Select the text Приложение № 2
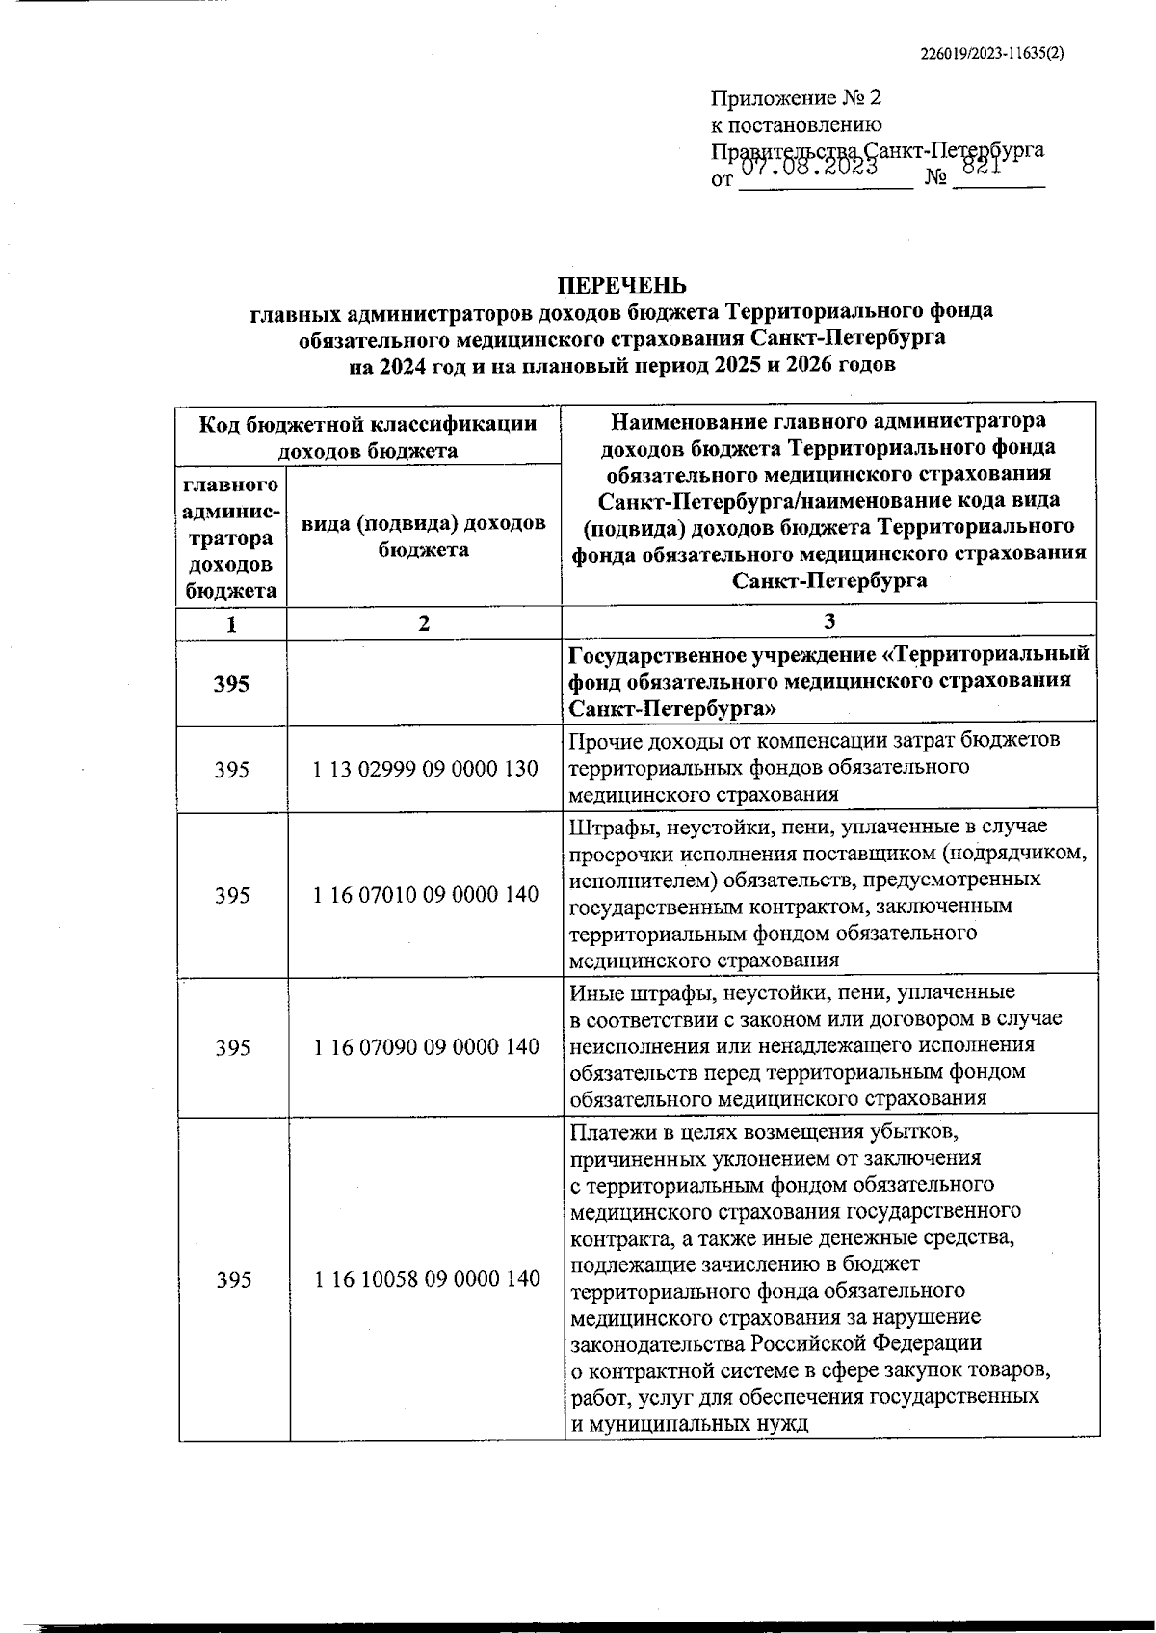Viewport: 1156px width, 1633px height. point(796,98)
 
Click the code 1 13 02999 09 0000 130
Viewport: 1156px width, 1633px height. point(426,770)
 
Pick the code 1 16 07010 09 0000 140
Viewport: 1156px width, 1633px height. point(426,895)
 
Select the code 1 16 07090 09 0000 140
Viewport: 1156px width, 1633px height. point(426,1046)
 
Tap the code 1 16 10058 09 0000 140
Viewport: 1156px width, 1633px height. point(427,1279)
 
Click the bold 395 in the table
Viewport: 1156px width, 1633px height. point(231,684)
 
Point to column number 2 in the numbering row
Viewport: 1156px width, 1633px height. point(424,623)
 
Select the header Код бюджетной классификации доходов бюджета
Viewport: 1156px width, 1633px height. point(367,436)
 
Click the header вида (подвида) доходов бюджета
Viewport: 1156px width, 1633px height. point(424,536)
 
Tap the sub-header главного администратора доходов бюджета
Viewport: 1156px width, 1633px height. point(231,538)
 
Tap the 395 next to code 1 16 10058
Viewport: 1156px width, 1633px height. point(232,1279)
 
